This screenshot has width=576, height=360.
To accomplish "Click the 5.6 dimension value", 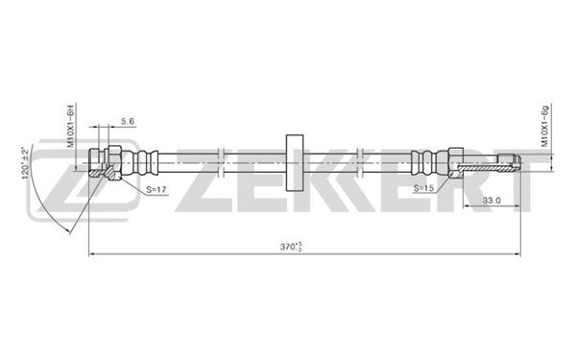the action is click(128, 121).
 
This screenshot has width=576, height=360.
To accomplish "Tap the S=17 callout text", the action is click(156, 189).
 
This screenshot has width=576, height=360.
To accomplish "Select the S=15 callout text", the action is click(423, 188).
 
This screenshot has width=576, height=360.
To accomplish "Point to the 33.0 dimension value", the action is click(492, 201).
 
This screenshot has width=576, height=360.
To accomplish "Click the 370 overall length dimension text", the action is click(291, 247).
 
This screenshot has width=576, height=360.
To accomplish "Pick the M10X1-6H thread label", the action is click(71, 125).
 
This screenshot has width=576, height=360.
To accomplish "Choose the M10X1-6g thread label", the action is click(544, 126).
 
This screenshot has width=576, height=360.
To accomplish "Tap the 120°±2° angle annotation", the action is click(25, 163).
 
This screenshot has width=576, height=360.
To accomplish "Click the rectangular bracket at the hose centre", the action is click(295, 163).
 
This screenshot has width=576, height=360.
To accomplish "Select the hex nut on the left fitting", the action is click(114, 163).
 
